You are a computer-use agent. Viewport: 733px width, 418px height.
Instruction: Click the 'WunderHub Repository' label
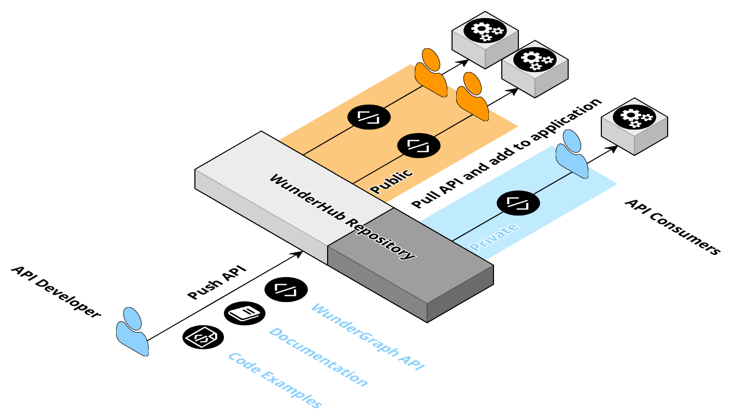[342, 217]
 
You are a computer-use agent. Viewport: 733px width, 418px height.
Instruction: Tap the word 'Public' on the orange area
[392, 181]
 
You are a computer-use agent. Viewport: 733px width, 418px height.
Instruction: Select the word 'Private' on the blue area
[494, 237]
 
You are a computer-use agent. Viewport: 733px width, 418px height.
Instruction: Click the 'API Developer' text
[55, 292]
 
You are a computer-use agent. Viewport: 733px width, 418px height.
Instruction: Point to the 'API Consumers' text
[672, 226]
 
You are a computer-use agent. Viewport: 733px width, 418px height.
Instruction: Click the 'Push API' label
[216, 282]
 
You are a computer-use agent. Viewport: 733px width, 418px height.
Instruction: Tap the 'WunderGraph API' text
[368, 336]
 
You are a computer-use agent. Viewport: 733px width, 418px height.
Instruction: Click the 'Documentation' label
[318, 357]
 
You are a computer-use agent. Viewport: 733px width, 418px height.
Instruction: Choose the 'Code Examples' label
[275, 380]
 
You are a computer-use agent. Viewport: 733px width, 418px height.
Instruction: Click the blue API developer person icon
[132, 331]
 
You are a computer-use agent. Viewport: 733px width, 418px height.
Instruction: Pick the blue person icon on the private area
[571, 154]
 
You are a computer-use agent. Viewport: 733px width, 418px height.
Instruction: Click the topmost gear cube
[485, 39]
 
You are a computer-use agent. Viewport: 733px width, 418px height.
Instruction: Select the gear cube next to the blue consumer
[634, 126]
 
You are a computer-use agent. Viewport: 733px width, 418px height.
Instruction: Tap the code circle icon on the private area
[518, 203]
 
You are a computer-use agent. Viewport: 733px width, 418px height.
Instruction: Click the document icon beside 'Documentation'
[244, 313]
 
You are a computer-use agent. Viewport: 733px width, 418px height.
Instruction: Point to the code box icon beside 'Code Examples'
[201, 337]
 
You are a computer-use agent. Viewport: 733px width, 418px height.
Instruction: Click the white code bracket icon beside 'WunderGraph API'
[285, 289]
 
